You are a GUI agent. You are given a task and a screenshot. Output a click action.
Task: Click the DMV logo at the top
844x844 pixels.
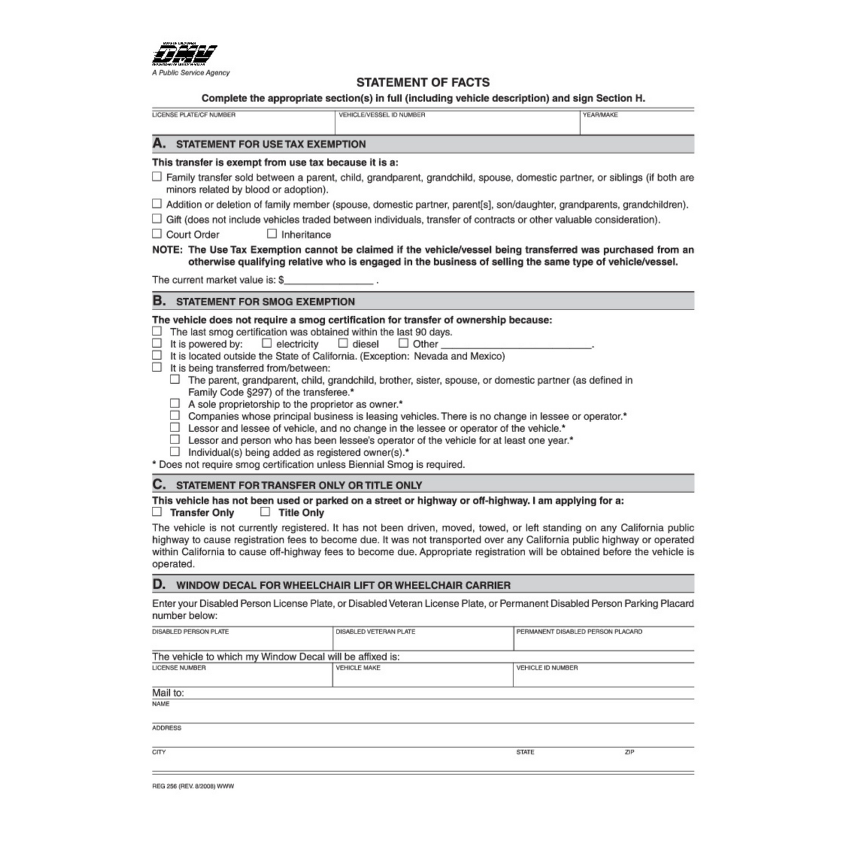pyautogui.click(x=184, y=55)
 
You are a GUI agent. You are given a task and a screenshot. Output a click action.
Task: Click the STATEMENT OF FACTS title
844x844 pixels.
pyautogui.click(x=423, y=82)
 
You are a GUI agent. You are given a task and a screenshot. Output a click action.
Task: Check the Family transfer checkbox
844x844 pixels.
pyautogui.click(x=157, y=176)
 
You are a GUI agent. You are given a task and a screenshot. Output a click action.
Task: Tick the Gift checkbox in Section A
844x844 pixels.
pyautogui.click(x=157, y=218)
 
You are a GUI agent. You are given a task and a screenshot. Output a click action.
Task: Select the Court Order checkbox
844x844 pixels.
pyautogui.click(x=157, y=234)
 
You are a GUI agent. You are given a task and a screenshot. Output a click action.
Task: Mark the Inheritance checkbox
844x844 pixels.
pyautogui.click(x=272, y=234)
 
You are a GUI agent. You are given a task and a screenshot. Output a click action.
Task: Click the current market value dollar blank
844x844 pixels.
pyautogui.click(x=328, y=280)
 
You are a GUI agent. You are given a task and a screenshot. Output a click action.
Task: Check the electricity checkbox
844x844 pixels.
pyautogui.click(x=267, y=343)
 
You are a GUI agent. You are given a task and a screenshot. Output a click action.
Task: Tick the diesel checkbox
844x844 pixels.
pyautogui.click(x=343, y=343)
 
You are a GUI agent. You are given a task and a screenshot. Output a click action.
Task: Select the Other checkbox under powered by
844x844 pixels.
pyautogui.click(x=403, y=343)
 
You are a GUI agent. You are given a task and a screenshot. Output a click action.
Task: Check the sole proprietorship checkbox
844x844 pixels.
pyautogui.click(x=175, y=403)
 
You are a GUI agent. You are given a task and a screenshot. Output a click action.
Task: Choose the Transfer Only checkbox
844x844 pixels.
pyautogui.click(x=157, y=512)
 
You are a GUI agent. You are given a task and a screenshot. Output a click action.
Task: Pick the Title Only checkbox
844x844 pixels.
pyautogui.click(x=265, y=512)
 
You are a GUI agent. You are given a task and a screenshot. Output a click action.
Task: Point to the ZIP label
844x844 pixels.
pyautogui.click(x=629, y=752)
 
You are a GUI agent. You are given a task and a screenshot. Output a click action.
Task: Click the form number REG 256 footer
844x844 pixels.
pyautogui.click(x=193, y=786)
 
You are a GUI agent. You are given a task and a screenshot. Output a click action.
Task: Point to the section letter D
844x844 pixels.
pyautogui.click(x=159, y=584)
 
